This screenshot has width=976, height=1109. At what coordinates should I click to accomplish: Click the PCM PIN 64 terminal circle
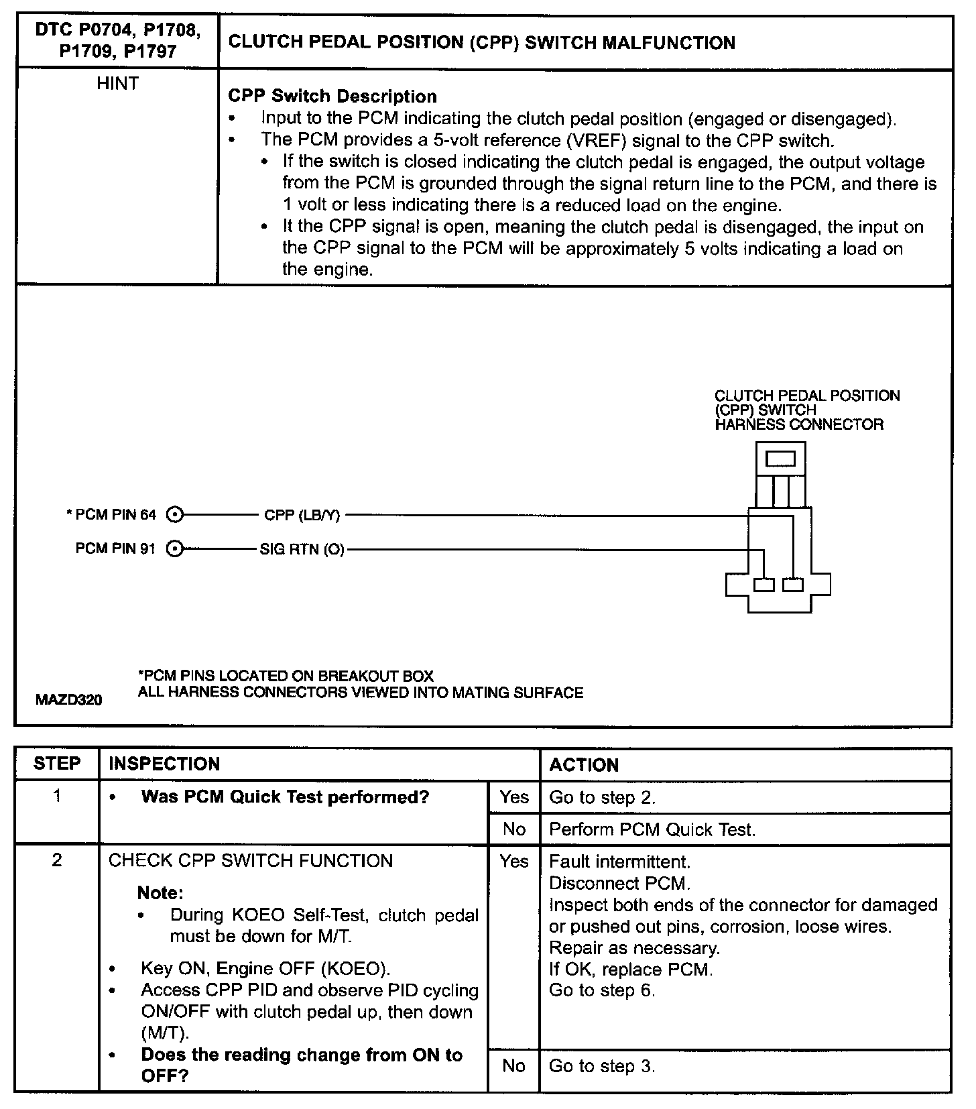[174, 515]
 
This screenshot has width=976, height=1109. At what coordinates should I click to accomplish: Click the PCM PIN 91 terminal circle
[174, 549]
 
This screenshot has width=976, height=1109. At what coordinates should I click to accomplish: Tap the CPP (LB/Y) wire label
[302, 515]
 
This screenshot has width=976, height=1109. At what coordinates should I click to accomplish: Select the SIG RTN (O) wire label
[302, 550]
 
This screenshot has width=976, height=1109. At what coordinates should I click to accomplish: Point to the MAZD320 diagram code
[69, 700]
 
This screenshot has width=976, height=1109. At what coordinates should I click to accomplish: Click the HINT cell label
[117, 84]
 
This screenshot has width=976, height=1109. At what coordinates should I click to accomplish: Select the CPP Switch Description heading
[332, 96]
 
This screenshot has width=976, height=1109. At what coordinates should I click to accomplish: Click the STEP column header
[57, 764]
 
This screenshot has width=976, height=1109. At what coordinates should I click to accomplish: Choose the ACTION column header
[584, 765]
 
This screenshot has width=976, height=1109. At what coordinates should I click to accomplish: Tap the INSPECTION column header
[164, 764]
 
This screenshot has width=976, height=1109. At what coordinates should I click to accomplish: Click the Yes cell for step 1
[513, 797]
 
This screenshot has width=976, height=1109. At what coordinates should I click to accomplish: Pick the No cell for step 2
[513, 1065]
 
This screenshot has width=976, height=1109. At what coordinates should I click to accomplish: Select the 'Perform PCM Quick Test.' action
[652, 829]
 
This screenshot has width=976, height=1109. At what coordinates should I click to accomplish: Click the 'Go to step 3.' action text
[602, 1065]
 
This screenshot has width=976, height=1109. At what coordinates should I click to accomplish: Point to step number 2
[57, 860]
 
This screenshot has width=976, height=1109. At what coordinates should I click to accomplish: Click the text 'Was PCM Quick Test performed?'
[285, 797]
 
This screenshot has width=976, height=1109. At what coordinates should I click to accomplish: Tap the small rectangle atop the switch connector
[780, 459]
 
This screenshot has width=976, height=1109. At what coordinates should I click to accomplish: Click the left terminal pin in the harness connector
[764, 585]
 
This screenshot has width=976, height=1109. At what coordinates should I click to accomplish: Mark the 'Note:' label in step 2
[160, 892]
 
